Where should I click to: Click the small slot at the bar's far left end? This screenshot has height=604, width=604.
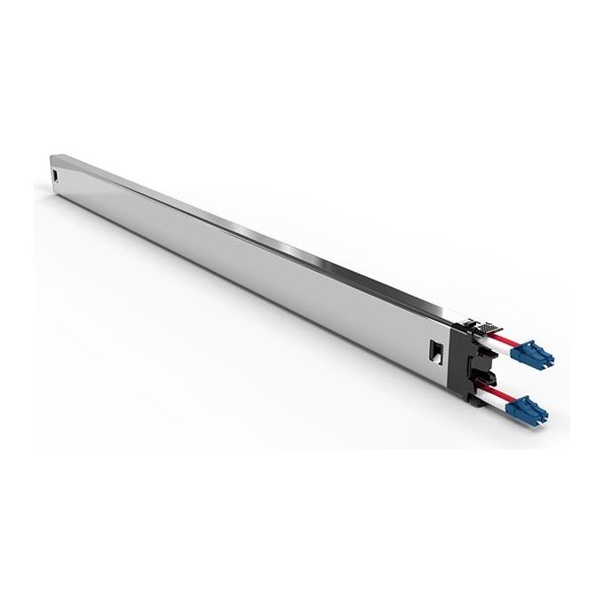pos(57,176)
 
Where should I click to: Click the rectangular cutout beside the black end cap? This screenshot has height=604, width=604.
pos(436,348)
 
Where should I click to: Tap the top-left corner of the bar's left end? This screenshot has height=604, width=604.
pos(49,155)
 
